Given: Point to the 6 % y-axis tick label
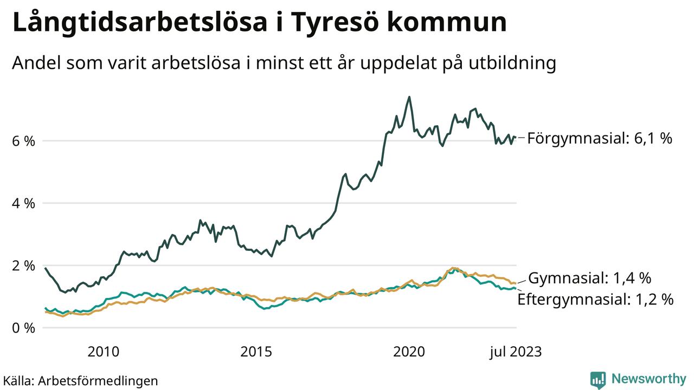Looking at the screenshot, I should pos(23,141).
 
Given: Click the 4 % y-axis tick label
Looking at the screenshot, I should pos(23,203).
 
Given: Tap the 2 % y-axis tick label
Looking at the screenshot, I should pos(23,265).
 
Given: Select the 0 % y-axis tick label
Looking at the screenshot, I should pos(23,328).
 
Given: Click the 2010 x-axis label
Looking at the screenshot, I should pos(103,352).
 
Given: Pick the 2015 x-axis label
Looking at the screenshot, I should pos(256,352).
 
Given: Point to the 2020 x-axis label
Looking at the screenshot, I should pos(409,352).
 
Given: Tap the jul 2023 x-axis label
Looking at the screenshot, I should pos(516,352).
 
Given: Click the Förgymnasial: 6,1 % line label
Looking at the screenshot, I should pos(600,139).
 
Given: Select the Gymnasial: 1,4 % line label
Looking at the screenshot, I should pos(589,278).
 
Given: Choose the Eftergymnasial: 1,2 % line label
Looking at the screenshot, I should pos(595,300).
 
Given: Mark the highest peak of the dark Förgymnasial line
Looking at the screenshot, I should pos(409,97).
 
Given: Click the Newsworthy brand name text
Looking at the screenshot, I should pos(648,379).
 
